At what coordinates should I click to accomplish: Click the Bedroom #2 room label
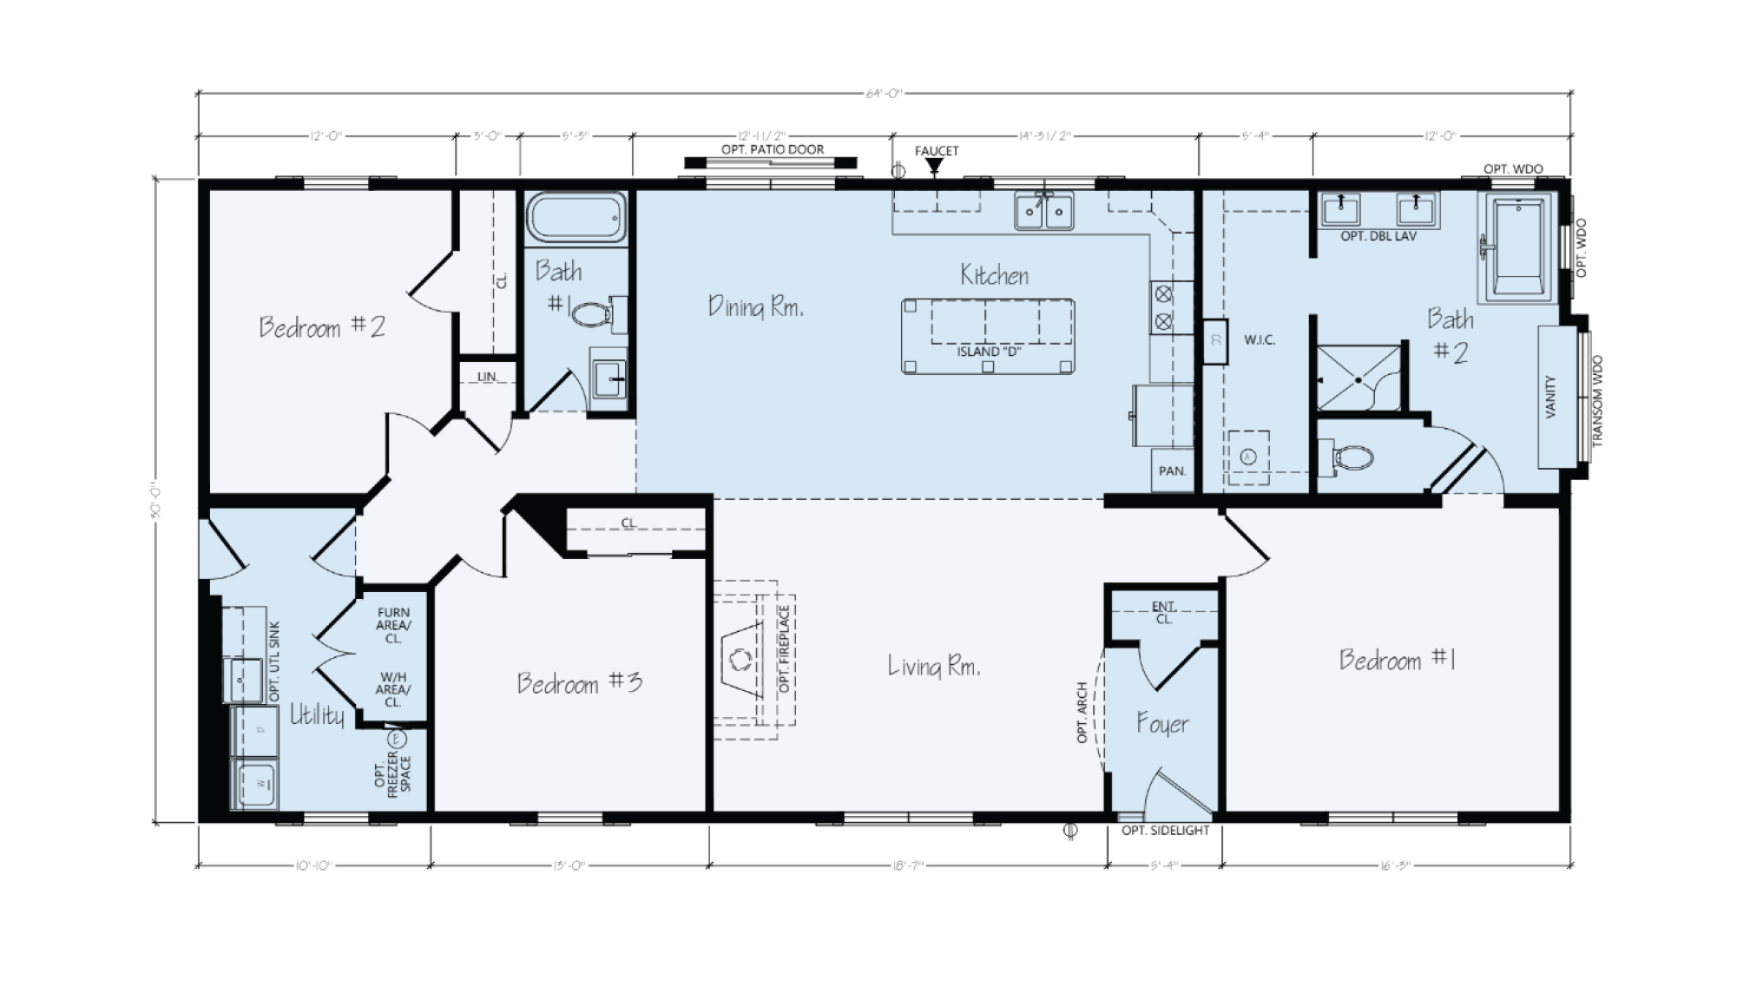point(322,327)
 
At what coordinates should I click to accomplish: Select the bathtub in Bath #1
point(576,217)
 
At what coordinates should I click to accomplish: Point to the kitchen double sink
point(1044,210)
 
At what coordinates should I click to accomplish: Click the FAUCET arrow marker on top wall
point(934,166)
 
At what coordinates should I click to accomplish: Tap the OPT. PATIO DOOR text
point(772,149)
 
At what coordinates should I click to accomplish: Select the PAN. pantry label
point(1172,470)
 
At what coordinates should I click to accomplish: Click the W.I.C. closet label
point(1259,340)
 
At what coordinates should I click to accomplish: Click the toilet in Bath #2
point(1350,457)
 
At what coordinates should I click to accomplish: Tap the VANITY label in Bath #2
point(1551,397)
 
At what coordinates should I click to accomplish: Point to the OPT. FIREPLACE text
point(784,649)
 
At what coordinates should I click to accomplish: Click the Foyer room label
point(1162,723)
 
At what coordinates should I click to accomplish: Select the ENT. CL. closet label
point(1163,612)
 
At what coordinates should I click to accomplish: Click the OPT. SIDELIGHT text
point(1165,831)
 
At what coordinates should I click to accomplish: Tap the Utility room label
point(317,715)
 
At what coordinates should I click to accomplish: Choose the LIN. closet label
point(487,377)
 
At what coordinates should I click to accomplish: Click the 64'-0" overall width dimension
point(885,94)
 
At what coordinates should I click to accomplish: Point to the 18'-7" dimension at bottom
point(908,865)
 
